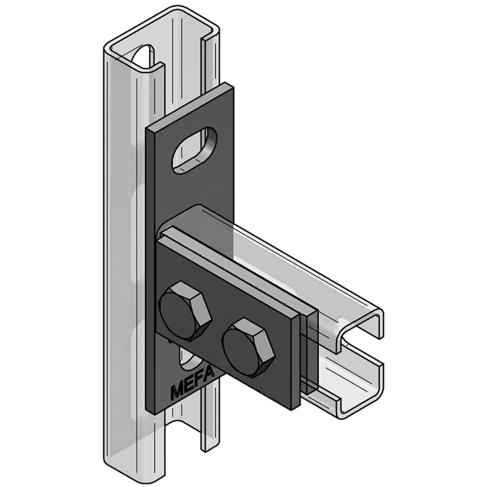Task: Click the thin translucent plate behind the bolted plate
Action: click(312, 353)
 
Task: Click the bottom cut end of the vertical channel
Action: click(152, 463)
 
